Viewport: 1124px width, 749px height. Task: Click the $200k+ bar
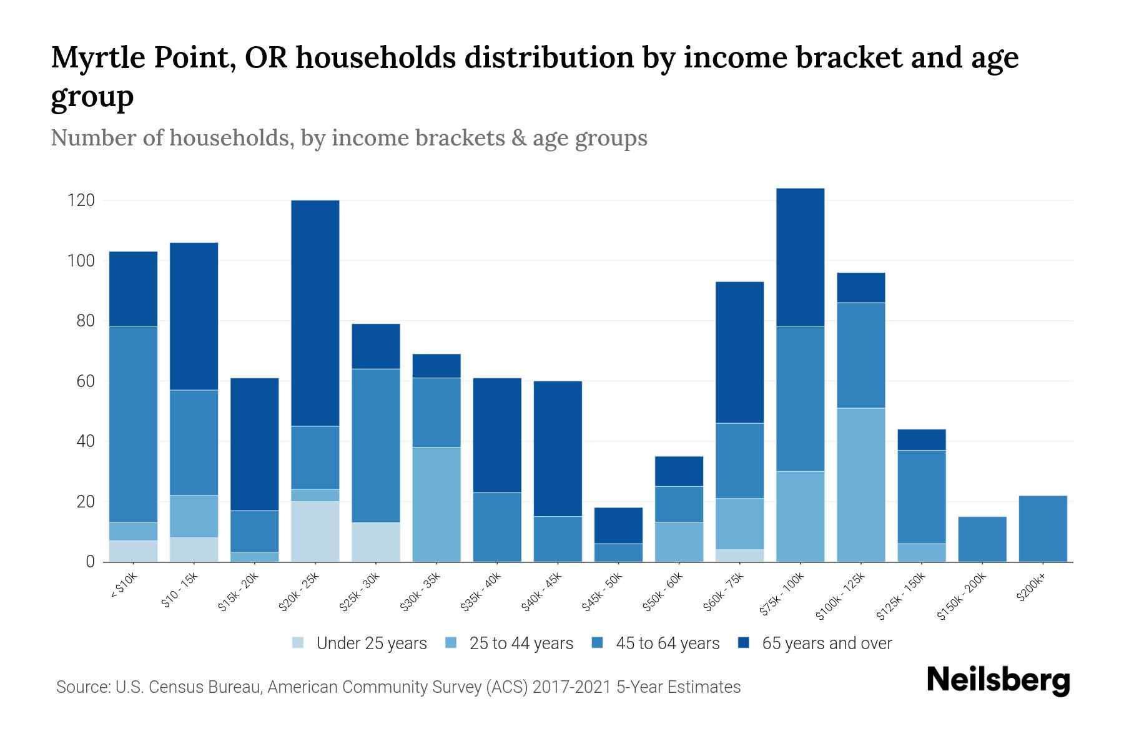click(1042, 529)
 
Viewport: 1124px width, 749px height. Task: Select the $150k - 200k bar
click(982, 539)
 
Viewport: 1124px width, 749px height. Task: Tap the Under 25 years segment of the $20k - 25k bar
click(315, 531)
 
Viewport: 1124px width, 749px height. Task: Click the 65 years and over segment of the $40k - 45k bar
click(558, 449)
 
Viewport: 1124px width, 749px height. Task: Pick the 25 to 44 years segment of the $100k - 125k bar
click(860, 485)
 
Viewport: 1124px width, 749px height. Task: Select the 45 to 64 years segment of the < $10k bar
click(133, 424)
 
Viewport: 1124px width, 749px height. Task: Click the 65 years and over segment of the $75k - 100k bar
click(800, 257)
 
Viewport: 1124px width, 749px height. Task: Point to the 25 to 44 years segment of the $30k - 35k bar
click(436, 504)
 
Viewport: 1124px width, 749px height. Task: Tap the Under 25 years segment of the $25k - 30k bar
click(376, 542)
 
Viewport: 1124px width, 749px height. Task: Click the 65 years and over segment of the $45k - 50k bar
click(618, 526)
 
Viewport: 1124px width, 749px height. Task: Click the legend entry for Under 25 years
click(360, 644)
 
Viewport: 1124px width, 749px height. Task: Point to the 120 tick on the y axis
click(81, 200)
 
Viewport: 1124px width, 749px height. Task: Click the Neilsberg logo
click(998, 680)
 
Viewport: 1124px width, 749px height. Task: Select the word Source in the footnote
click(81, 687)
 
